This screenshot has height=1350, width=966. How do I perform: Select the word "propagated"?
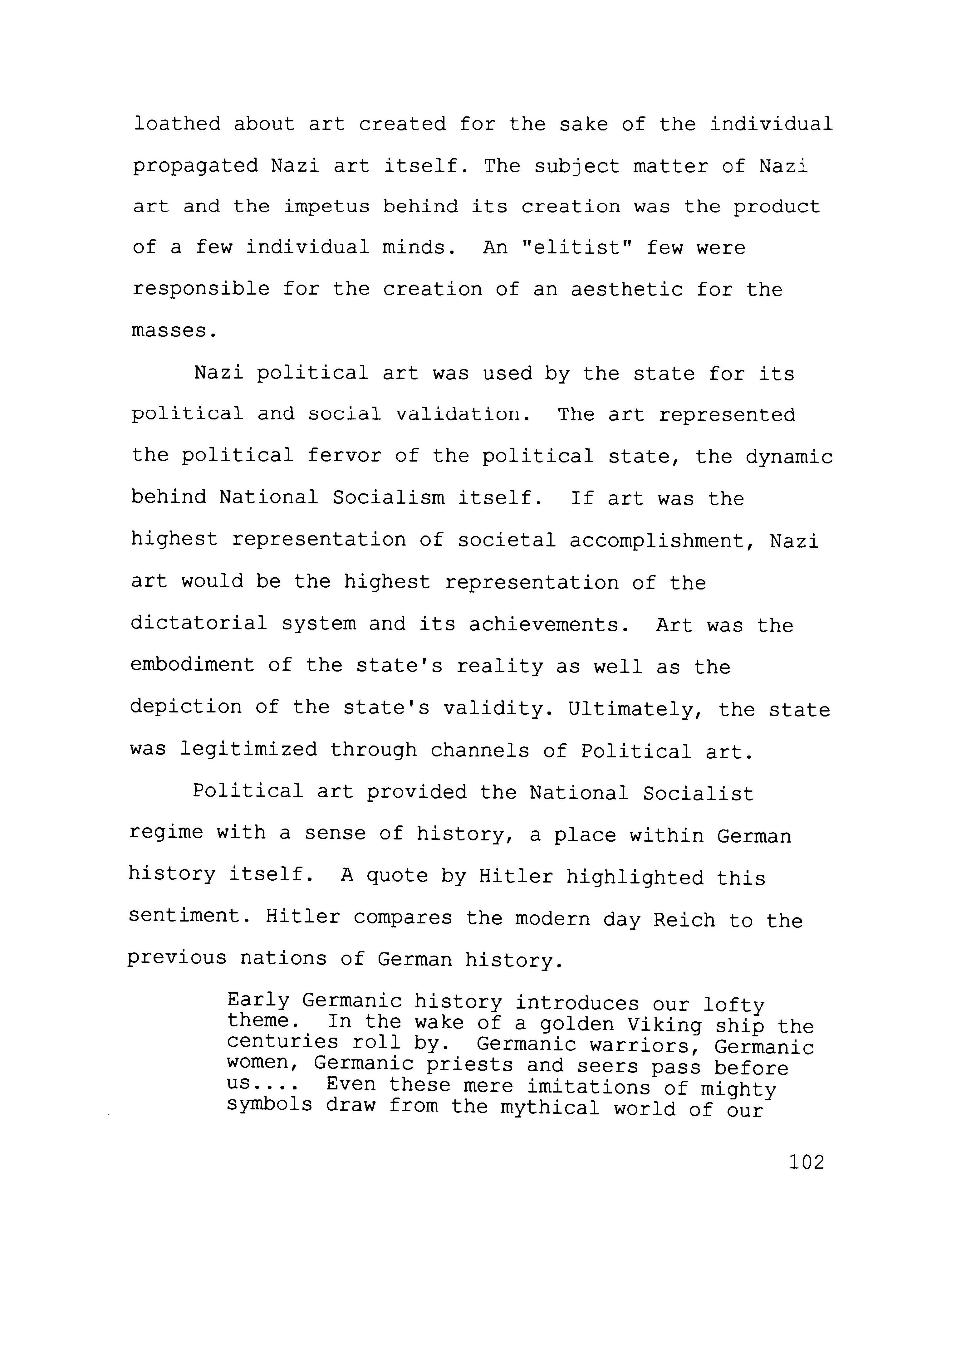pyautogui.click(x=195, y=166)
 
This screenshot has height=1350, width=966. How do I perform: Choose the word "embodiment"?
pyautogui.click(x=192, y=666)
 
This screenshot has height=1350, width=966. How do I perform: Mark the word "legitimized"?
pyautogui.click(x=249, y=750)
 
